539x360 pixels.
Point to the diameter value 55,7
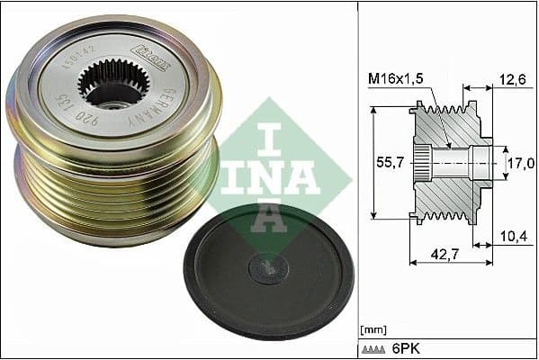390,164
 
